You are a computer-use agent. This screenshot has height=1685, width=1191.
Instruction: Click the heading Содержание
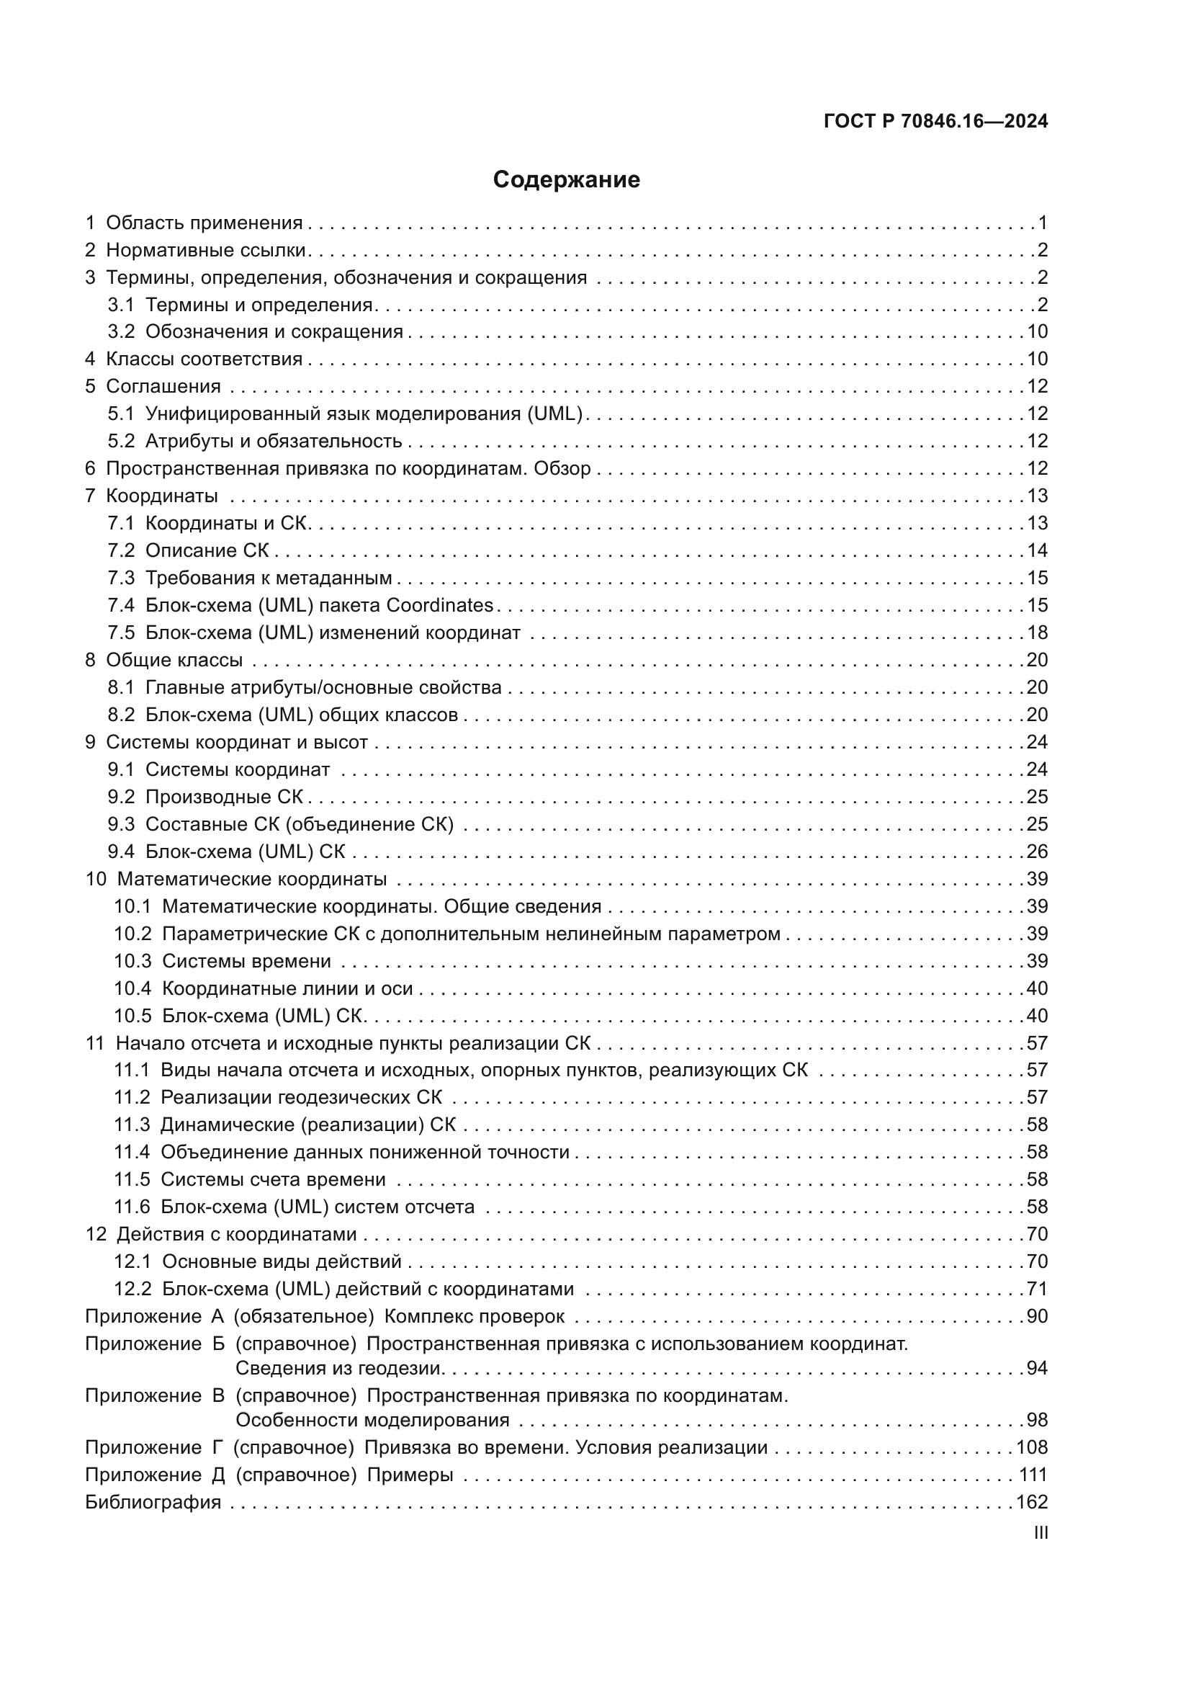[566, 180]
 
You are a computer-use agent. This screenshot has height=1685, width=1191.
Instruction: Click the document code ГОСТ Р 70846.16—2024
[936, 121]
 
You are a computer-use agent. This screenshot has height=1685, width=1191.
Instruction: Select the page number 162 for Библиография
[1032, 1502]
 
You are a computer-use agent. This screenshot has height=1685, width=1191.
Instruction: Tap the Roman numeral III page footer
[1040, 1533]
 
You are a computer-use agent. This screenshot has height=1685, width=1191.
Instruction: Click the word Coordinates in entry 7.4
[439, 605]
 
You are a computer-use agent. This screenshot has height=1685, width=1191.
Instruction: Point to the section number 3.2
[121, 331]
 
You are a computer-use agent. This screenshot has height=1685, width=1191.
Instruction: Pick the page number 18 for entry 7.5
[1037, 633]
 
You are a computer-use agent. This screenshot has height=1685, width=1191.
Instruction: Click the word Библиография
[153, 1502]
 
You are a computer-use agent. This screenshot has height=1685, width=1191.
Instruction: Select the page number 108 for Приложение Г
[1032, 1447]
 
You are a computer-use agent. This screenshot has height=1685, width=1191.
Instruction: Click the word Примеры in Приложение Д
[410, 1475]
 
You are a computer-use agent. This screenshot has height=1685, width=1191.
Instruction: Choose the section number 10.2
[132, 934]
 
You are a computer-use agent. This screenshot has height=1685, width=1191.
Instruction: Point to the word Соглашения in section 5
[163, 387]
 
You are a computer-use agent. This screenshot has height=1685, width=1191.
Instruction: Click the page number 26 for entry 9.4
[1037, 852]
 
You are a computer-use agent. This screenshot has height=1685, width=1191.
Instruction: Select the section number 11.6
[131, 1207]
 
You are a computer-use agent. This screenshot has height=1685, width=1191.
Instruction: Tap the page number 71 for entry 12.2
[1037, 1290]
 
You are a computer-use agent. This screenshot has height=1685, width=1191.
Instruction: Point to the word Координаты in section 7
[161, 496]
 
